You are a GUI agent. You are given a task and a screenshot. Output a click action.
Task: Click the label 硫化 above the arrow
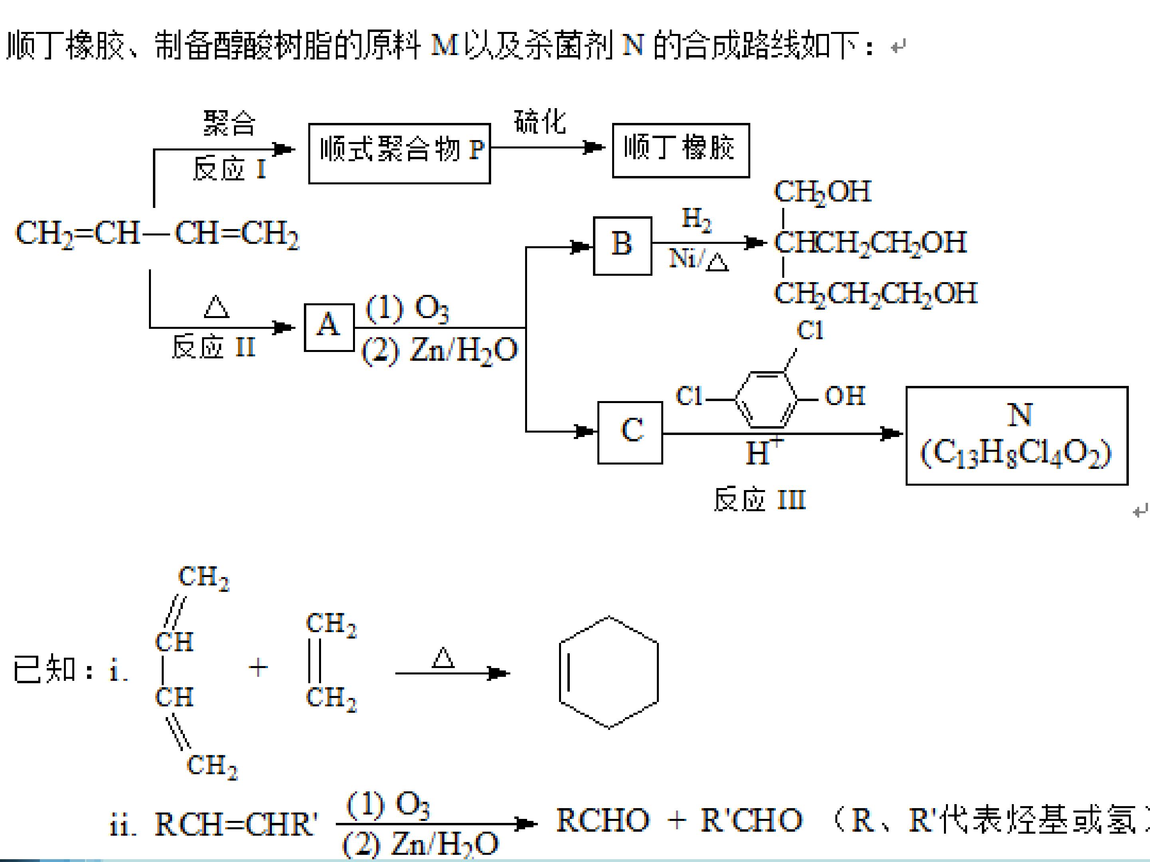540,122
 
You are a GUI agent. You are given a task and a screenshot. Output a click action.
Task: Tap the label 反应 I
229,169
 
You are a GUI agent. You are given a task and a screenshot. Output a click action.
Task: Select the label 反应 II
214,346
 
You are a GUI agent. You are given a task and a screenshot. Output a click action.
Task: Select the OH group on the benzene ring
845,396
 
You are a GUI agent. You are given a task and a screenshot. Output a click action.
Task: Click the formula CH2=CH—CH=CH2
158,234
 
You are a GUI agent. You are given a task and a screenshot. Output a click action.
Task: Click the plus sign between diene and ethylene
258,668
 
